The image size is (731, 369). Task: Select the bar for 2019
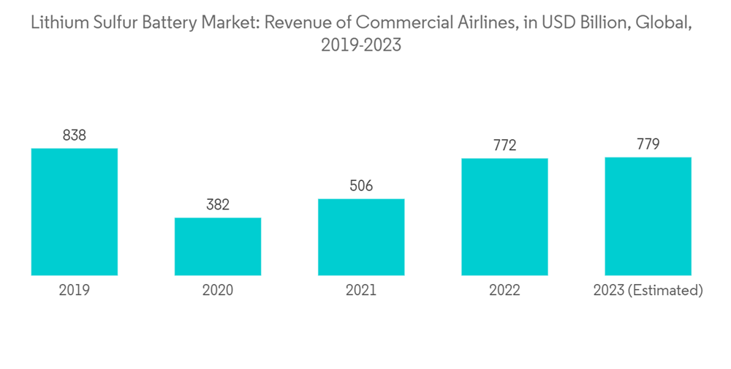[75, 212]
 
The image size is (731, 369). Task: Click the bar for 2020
[218, 247]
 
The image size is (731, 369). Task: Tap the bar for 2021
[361, 237]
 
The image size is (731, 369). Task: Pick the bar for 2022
[504, 217]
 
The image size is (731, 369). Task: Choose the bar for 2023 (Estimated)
[648, 216]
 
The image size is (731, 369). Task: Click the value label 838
[75, 135]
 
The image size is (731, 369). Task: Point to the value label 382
[218, 205]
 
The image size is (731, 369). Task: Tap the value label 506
[361, 186]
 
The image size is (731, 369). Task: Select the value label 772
[504, 146]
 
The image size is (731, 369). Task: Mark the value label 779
[648, 144]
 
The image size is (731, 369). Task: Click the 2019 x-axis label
[75, 291]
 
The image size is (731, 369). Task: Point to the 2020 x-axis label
[218, 291]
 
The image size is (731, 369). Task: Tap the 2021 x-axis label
[361, 291]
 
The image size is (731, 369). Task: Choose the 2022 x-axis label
[504, 291]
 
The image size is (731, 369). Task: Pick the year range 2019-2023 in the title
[361, 45]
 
